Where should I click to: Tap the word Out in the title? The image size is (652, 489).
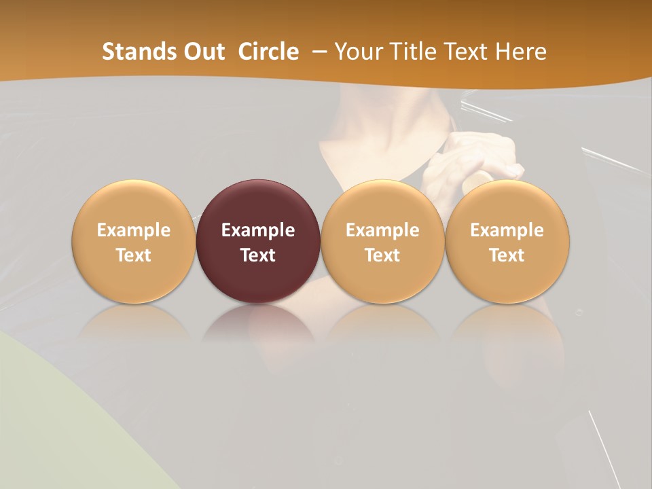204,52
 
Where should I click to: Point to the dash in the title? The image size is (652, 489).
319,52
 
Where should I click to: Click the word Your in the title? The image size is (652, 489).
357,52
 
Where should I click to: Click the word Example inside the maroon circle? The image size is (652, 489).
258,230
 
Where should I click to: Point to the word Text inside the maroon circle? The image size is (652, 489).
258,255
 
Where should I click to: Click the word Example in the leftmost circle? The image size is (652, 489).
134,230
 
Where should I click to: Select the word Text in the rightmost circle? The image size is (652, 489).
507,255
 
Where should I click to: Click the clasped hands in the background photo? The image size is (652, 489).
469,163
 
